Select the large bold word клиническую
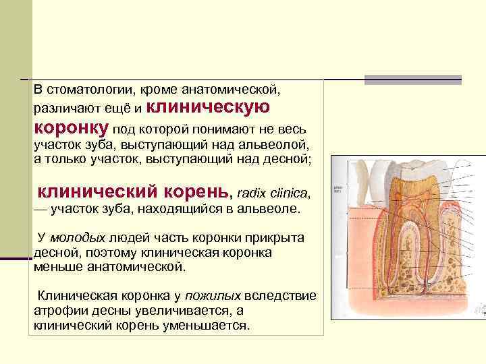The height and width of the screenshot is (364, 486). coord(208,107)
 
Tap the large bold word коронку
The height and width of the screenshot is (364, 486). coord(72,127)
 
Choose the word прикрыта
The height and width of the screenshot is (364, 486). coord(275,239)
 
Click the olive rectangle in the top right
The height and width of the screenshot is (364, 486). coord(412,78)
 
